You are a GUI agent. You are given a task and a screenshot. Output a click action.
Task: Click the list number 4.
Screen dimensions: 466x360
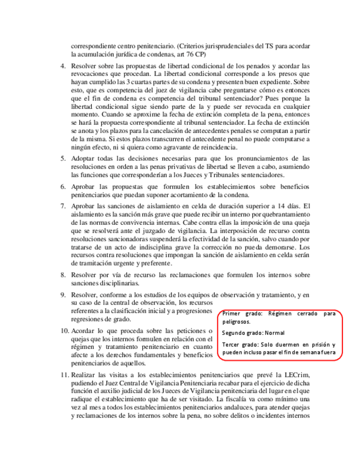pos(63,65)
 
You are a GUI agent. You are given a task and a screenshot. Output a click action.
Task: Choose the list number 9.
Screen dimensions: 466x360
pos(63,295)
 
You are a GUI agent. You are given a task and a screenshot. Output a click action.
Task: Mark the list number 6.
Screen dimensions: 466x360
pos(63,187)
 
